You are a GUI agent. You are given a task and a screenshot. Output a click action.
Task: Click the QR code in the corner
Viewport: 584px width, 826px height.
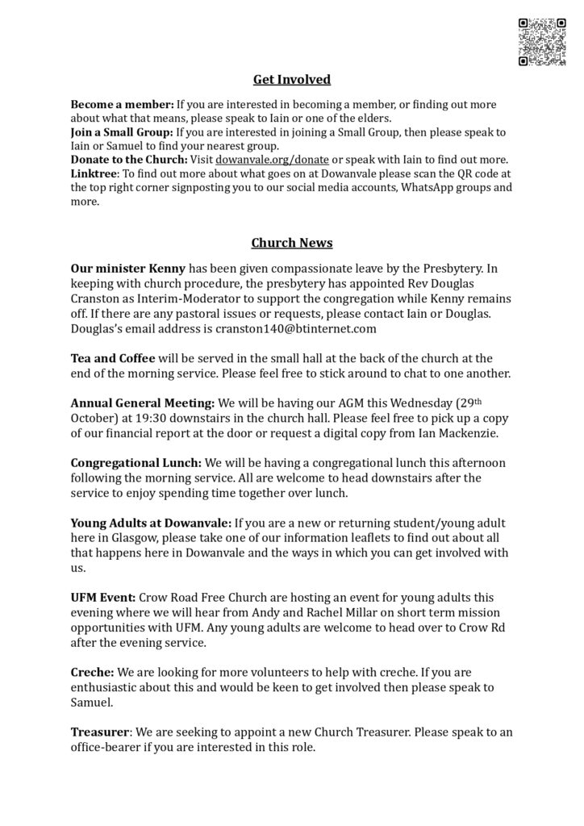coord(541,41)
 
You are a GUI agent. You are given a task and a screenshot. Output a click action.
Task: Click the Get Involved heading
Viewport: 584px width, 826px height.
coord(292,79)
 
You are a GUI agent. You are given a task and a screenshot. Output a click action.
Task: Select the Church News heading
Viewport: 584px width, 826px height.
coord(292,243)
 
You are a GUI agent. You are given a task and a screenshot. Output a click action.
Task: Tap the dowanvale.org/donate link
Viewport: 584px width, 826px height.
coord(273,160)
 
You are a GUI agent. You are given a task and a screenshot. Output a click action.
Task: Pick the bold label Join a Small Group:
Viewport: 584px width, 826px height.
coord(122,132)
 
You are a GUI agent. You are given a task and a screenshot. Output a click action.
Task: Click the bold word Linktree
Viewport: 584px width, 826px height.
coord(94,173)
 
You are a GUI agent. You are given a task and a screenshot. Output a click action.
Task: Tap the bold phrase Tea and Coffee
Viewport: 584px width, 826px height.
coord(113,357)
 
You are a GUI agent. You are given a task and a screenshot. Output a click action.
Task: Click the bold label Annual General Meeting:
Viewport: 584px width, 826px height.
coord(143,402)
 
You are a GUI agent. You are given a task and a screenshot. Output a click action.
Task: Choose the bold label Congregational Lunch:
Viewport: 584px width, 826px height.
coord(136,463)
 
